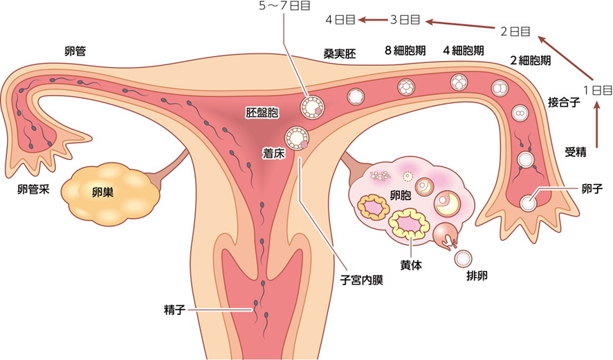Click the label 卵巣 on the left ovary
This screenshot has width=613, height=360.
[x=102, y=192]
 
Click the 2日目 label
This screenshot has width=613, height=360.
[x=515, y=30]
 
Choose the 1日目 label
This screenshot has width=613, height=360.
[x=598, y=90]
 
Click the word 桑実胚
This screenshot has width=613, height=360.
[x=339, y=53]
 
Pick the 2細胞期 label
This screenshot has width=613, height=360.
[x=530, y=60]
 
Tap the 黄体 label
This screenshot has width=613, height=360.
[x=410, y=264]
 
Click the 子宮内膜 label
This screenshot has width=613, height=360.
[x=361, y=280]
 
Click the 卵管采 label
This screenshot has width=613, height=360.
[x=33, y=189]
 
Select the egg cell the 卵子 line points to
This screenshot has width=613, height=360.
[x=529, y=202]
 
